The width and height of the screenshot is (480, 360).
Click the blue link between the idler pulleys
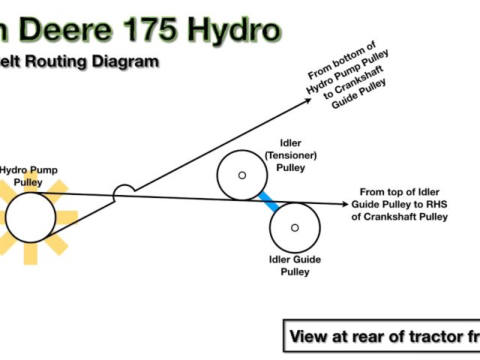[x=268, y=202]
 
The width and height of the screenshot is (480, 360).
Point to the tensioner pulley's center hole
[x=241, y=175]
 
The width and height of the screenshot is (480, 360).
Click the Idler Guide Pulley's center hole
[x=295, y=227]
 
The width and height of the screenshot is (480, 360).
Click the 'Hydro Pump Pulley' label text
[x=28, y=175]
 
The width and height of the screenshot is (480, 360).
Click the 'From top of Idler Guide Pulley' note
[x=399, y=204]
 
